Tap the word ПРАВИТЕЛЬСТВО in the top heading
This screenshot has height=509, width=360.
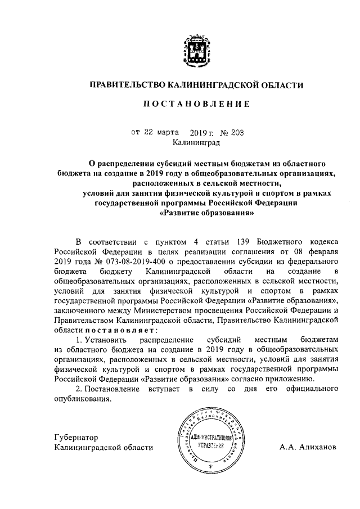127,85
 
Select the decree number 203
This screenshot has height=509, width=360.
236,133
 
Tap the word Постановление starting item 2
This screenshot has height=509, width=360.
119,388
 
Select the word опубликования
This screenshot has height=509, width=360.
83,398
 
